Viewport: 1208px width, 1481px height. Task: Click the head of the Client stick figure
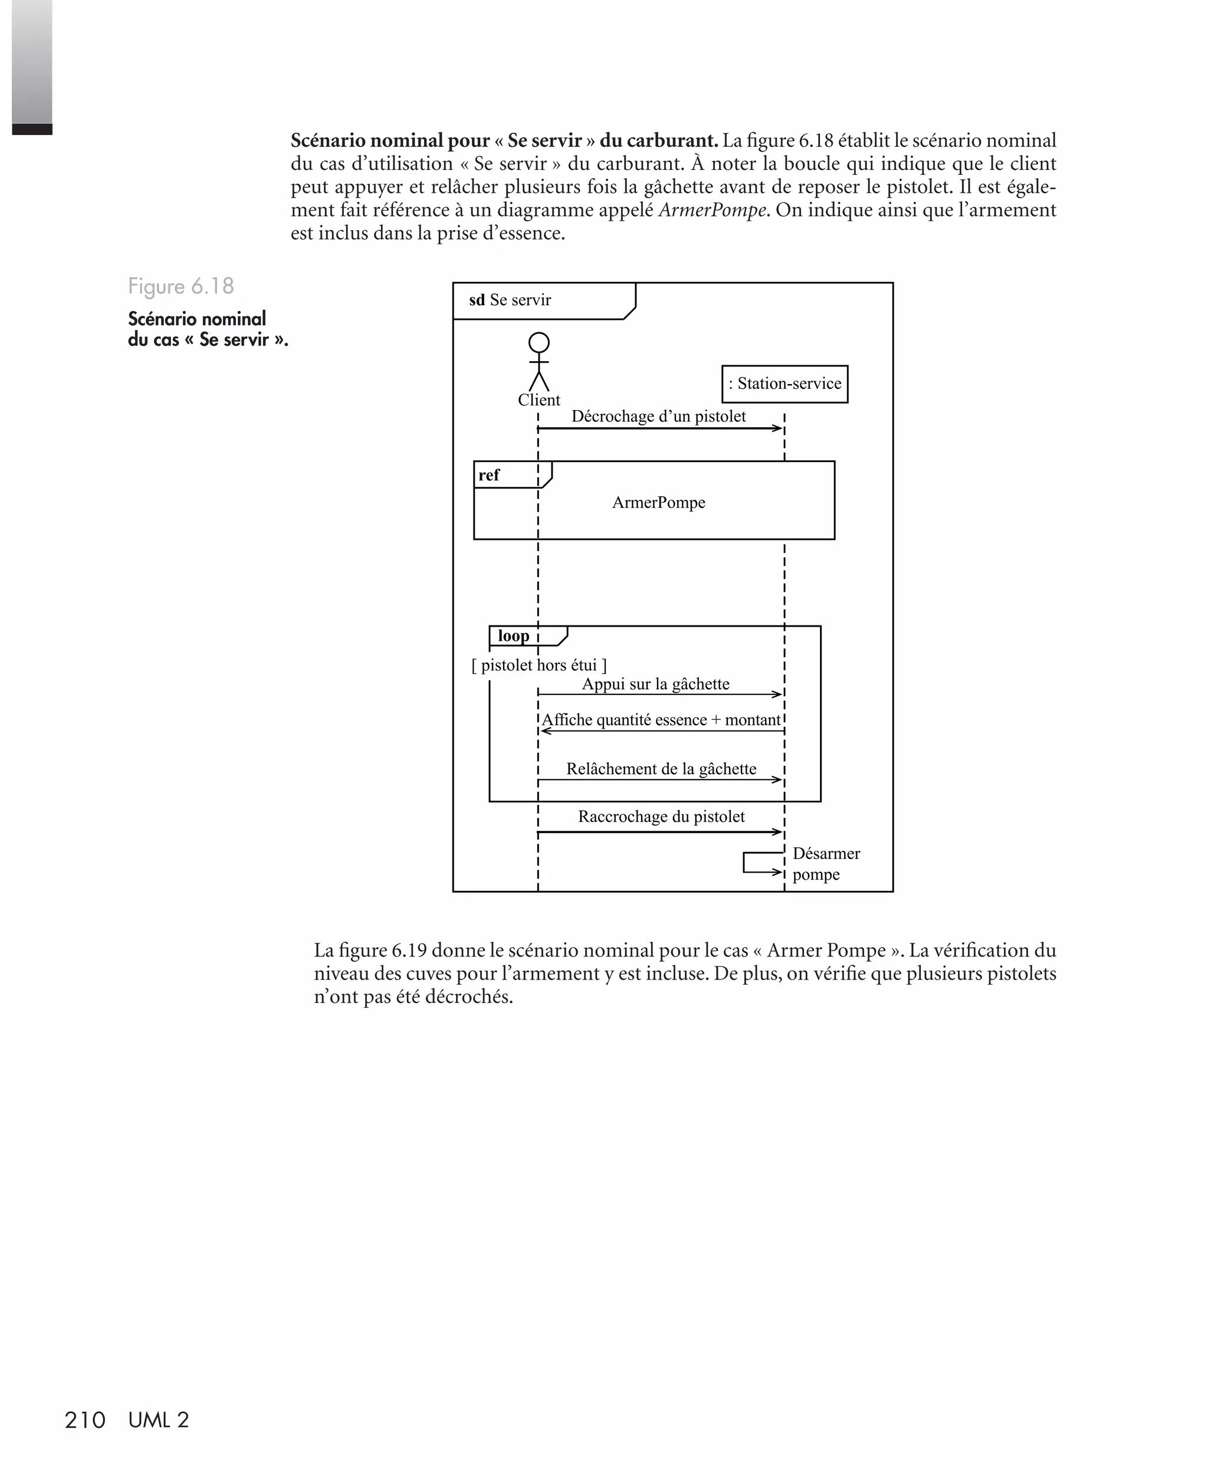(x=539, y=342)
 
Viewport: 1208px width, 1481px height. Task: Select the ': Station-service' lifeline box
(x=784, y=384)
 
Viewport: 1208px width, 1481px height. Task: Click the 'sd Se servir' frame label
(x=510, y=300)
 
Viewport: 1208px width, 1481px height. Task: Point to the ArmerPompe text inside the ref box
(x=658, y=503)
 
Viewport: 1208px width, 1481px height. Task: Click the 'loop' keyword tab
(x=514, y=635)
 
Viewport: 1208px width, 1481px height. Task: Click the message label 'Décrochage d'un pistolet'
(x=658, y=416)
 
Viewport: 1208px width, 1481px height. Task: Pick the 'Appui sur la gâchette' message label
(x=655, y=684)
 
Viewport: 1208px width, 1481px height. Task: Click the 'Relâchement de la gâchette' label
(x=661, y=769)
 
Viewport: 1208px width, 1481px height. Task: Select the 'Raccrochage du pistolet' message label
(x=661, y=817)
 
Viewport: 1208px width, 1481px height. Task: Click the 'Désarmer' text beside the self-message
(x=826, y=853)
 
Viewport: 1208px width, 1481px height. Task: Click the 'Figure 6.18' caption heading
(x=181, y=286)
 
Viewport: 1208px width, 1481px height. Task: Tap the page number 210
(x=85, y=1420)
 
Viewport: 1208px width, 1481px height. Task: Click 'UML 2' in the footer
(x=159, y=1420)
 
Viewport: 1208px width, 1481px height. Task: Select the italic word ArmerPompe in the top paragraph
(x=713, y=210)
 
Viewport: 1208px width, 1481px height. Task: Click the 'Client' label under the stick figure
(x=539, y=400)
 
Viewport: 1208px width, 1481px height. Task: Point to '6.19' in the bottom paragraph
(x=409, y=950)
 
